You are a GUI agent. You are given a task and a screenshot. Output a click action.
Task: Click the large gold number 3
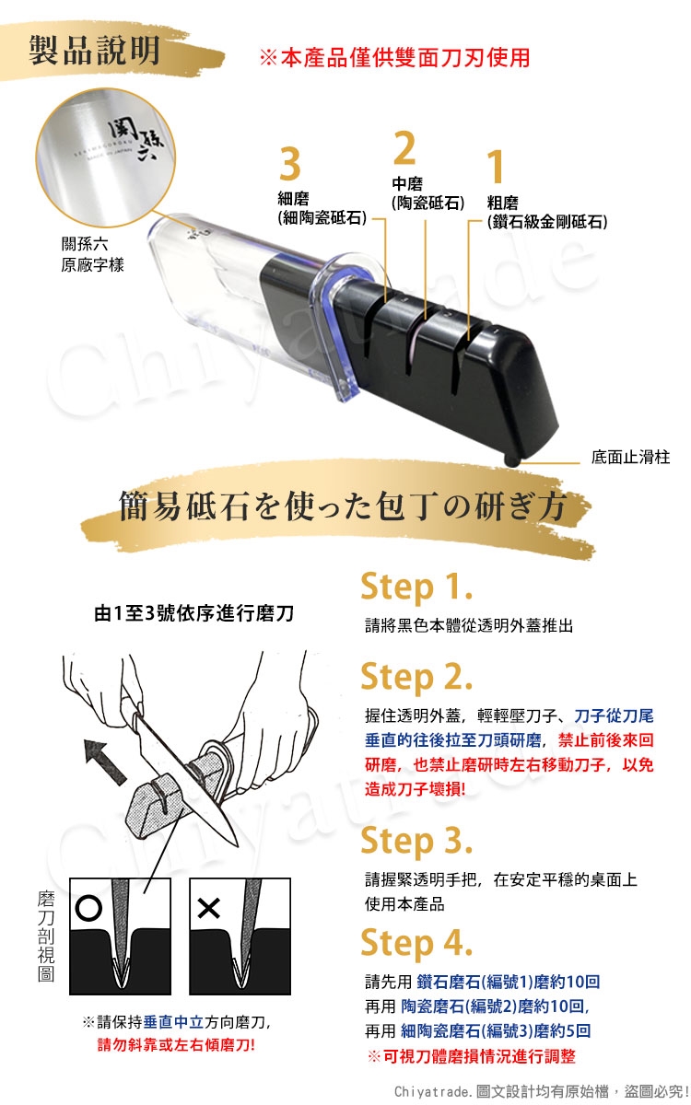(x=289, y=164)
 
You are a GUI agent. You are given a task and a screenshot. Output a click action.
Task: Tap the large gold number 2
(x=404, y=147)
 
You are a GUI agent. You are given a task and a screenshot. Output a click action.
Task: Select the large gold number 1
(x=495, y=167)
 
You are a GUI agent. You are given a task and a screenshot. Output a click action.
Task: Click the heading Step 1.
(x=416, y=587)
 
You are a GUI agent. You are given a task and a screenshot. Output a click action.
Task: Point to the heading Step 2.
(x=416, y=676)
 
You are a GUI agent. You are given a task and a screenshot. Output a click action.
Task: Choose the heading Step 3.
(x=416, y=840)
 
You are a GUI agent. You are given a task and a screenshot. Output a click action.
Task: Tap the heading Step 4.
(x=416, y=943)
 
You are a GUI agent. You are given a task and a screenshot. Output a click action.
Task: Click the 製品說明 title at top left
(x=94, y=51)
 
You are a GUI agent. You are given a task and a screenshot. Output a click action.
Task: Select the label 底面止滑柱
(x=631, y=457)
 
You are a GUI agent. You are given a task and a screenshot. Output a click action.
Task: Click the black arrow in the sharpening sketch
(x=105, y=761)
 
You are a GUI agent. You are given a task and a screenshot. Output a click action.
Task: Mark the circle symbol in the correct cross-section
(x=88, y=908)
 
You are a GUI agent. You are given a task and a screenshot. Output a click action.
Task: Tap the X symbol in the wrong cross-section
(x=208, y=908)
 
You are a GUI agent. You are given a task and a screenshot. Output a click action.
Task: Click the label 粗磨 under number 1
(x=502, y=203)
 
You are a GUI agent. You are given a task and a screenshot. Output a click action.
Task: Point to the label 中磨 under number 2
(x=407, y=183)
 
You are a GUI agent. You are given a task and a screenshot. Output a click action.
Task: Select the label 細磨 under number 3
(x=293, y=198)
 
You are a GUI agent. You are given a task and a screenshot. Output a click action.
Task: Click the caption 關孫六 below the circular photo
(x=85, y=244)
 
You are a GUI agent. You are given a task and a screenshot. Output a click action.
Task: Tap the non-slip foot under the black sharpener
(x=510, y=460)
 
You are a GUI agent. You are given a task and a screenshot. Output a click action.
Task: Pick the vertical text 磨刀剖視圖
(x=46, y=936)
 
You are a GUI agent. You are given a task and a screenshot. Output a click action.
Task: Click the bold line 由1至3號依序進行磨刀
(x=194, y=613)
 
